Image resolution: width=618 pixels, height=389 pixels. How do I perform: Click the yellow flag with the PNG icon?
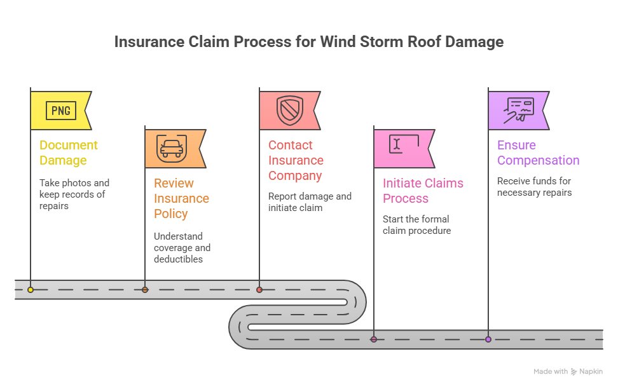(60, 111)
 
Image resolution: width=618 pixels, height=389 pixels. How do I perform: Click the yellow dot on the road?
(31, 290)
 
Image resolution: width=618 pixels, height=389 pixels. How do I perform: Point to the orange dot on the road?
(145, 290)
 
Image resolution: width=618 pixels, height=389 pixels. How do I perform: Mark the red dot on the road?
(259, 290)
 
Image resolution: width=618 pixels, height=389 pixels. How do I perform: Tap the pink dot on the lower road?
(374, 339)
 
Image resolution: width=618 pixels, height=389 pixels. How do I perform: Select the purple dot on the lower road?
(488, 339)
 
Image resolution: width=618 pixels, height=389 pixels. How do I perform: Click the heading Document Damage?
(69, 153)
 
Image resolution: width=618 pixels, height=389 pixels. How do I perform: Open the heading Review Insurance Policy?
(182, 198)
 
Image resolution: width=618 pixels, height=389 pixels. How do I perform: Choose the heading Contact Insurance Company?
(296, 160)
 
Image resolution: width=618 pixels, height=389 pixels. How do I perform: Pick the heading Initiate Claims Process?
(423, 191)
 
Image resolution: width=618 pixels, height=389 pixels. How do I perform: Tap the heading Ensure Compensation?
(538, 153)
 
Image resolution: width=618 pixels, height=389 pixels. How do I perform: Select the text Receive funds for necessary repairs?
(534, 187)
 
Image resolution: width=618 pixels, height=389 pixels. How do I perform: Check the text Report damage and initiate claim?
(310, 202)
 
